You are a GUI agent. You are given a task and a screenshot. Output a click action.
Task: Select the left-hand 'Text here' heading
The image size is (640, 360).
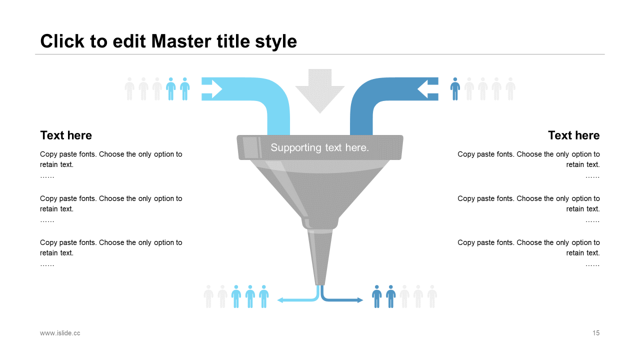[x=66, y=135]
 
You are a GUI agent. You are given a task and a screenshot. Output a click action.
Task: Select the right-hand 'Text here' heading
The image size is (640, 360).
[x=573, y=135]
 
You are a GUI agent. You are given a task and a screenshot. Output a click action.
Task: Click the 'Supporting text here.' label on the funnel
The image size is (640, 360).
[x=319, y=147]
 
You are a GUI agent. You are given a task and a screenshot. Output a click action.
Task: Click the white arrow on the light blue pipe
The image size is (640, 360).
[x=212, y=89]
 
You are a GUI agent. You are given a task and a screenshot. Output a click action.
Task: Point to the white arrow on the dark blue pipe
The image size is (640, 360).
[x=427, y=89]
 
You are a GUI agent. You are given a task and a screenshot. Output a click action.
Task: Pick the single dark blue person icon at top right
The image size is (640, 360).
[x=455, y=89]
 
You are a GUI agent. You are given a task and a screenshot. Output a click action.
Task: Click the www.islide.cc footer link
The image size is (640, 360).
[x=60, y=333]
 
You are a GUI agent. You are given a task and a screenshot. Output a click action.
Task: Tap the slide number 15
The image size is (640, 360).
[x=596, y=333]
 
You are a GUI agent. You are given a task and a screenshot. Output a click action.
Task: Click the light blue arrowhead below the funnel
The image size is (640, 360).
[x=280, y=300]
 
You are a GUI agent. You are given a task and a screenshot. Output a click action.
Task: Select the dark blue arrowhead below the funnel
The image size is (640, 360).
[x=360, y=300]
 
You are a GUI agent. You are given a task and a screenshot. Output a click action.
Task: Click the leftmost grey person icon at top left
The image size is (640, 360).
[x=129, y=89]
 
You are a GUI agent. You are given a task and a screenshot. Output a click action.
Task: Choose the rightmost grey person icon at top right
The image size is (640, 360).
[x=510, y=89]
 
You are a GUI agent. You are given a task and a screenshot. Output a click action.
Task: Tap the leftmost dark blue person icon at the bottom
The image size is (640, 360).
[x=377, y=296]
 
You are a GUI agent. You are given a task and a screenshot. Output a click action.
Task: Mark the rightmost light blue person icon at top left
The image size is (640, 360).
[x=185, y=89]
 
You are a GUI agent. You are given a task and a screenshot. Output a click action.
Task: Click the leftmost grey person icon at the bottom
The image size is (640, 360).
[x=208, y=296]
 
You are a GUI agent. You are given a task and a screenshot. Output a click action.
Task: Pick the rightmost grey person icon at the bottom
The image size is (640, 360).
[x=432, y=296]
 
